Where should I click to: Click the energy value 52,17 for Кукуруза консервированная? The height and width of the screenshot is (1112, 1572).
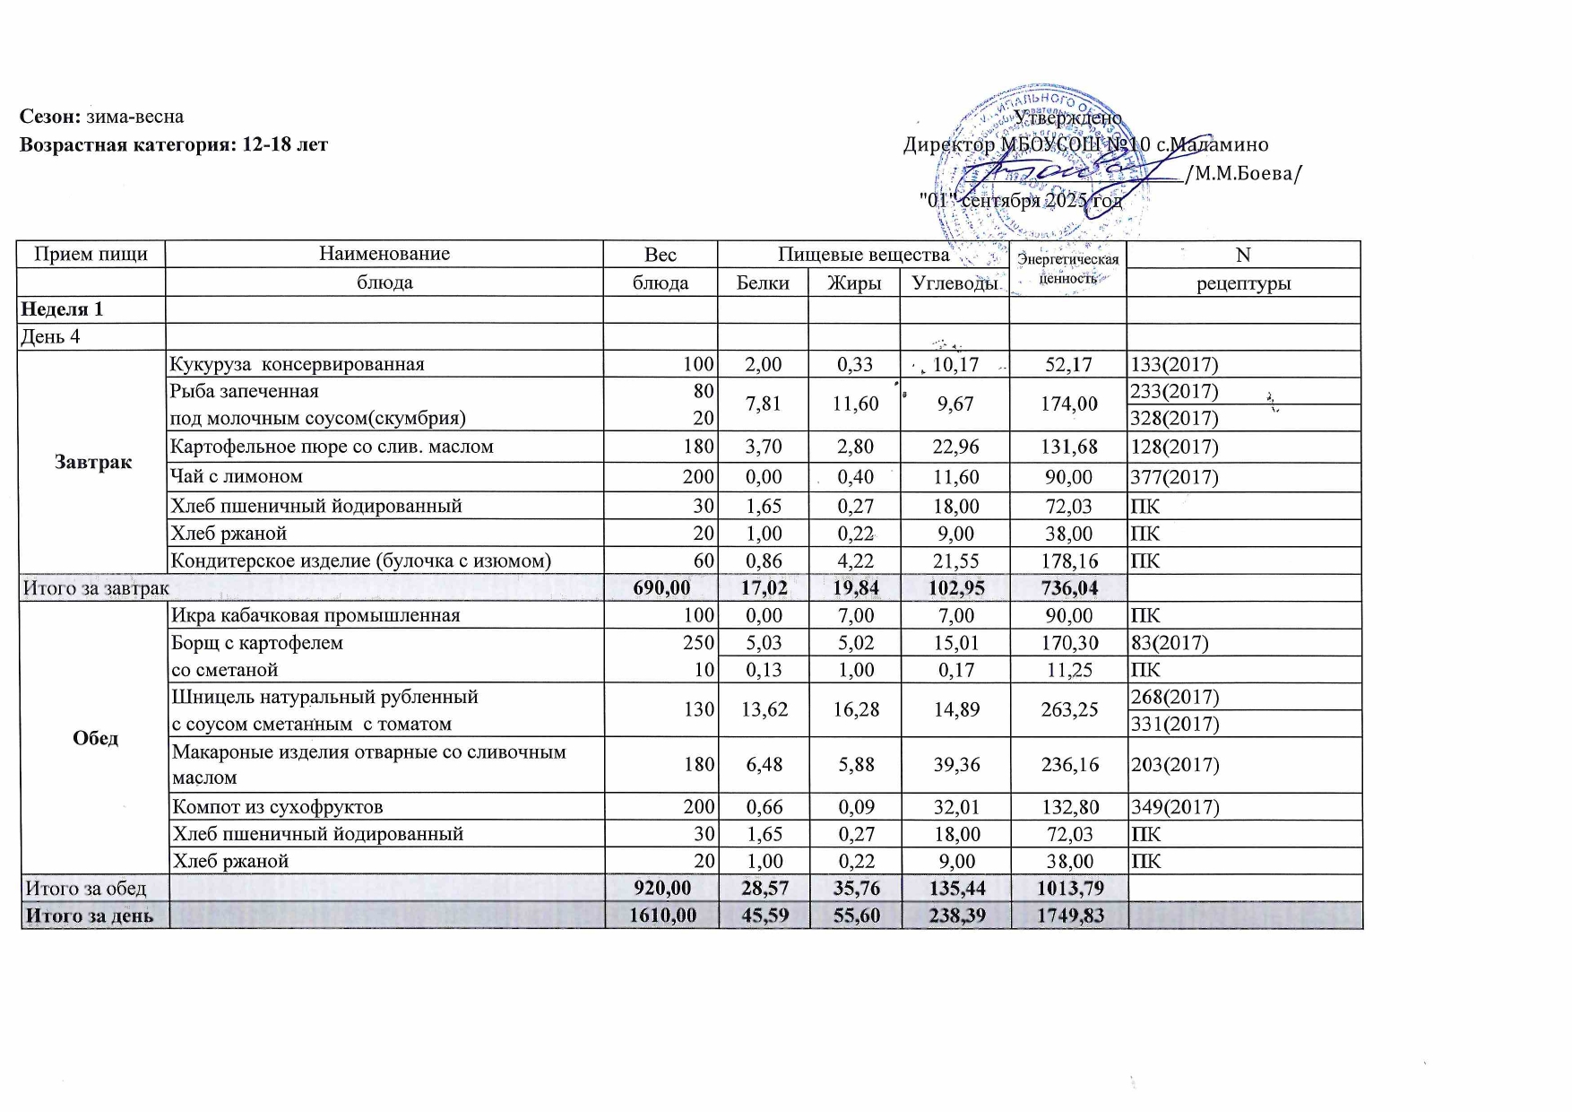coord(1068,364)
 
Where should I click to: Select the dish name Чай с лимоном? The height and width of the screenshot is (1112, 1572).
coord(237,476)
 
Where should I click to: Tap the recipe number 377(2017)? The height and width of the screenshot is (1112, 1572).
coord(1175,476)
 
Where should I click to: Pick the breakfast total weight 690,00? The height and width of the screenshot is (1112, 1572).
coord(661,588)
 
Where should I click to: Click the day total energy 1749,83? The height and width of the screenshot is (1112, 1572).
coord(1069,916)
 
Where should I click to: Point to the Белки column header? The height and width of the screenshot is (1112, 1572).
coord(763,282)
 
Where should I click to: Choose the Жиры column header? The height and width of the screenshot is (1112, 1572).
coord(854,282)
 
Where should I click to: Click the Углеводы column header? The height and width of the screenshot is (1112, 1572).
coord(954,282)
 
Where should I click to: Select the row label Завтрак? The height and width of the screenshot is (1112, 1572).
coord(93,462)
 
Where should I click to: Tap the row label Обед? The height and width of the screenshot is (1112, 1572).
coord(96,737)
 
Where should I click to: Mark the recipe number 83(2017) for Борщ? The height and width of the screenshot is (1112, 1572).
coord(1170,642)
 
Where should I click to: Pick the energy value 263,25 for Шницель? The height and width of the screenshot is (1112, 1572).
coord(1069,709)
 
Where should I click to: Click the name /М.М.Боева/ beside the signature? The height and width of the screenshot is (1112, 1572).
coord(1243,173)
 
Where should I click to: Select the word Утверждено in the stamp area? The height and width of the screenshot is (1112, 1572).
coord(1067,117)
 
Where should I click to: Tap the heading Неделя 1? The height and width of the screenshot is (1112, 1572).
coord(63,309)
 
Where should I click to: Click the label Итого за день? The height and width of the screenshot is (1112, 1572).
coord(90,916)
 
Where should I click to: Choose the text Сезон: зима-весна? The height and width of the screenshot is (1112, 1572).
coord(102,117)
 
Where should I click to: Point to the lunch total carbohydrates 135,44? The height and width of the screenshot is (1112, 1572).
coord(955,888)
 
